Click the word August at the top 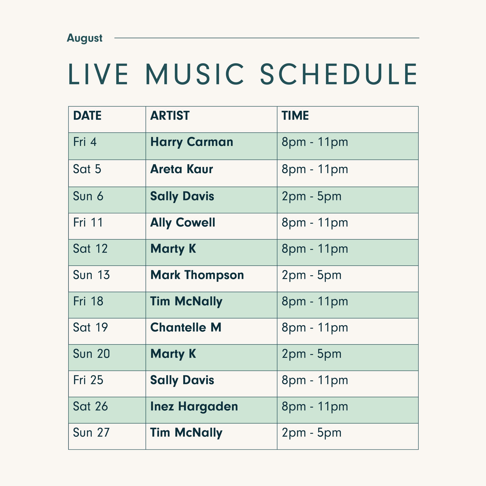pos(84,38)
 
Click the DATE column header pos(87,116)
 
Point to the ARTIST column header pos(170,116)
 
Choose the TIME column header pos(295,116)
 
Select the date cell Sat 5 pos(87,169)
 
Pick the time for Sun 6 pos(311,196)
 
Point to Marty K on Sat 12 pos(173,249)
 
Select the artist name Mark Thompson pos(197,275)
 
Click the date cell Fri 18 pos(88,301)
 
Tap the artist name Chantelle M pos(186,327)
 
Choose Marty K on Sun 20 pos(173,354)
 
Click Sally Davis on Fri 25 pos(182,380)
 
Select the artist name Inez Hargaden pos(194,406)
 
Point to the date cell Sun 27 pos(91,433)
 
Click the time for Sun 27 pos(311,433)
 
